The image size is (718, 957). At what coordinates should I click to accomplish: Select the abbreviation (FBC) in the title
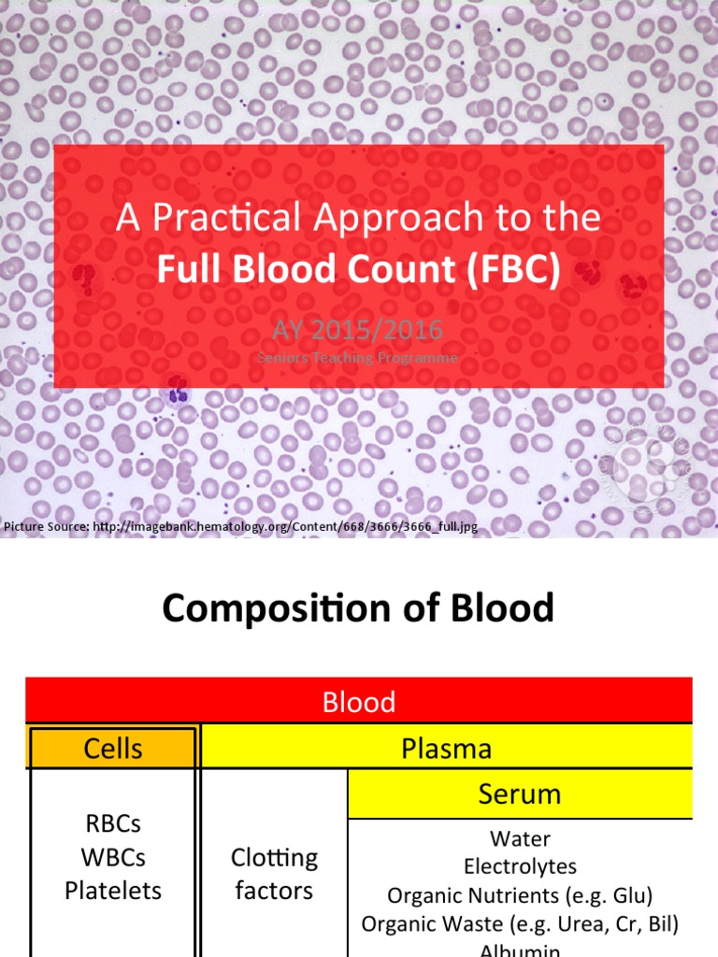coord(513,269)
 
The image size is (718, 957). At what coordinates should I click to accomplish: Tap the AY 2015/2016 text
coord(357,330)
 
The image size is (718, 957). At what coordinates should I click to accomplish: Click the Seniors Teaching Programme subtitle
coord(357,357)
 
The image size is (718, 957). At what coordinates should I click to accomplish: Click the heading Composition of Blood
coord(358,608)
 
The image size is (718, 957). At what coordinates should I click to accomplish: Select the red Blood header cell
coord(358,702)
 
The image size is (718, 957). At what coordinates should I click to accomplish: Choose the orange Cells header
coord(113,748)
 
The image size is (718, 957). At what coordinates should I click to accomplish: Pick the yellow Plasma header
coord(446,748)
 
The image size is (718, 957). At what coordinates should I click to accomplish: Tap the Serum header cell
coord(520,794)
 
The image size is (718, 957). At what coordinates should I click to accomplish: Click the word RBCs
coord(113,823)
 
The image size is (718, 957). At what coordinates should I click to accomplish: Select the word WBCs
coord(113,857)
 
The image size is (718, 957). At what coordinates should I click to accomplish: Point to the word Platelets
coord(113,891)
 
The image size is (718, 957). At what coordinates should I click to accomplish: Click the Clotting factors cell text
coord(274,874)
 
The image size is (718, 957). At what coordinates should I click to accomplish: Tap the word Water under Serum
coord(520,839)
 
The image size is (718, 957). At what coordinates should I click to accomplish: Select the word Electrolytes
coord(520,866)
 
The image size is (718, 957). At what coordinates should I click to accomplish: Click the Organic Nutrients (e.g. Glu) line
coord(520,895)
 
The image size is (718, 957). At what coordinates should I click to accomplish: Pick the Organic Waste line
coord(520,924)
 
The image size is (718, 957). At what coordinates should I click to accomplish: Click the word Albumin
coord(520,950)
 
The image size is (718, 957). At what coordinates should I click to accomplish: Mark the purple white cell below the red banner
coord(177,389)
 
